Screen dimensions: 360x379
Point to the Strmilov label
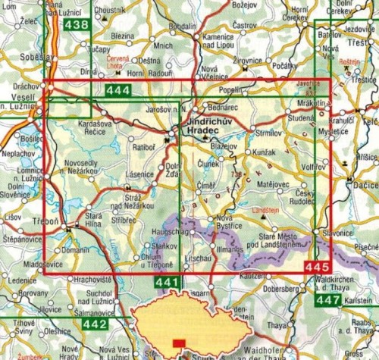(269, 133)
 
